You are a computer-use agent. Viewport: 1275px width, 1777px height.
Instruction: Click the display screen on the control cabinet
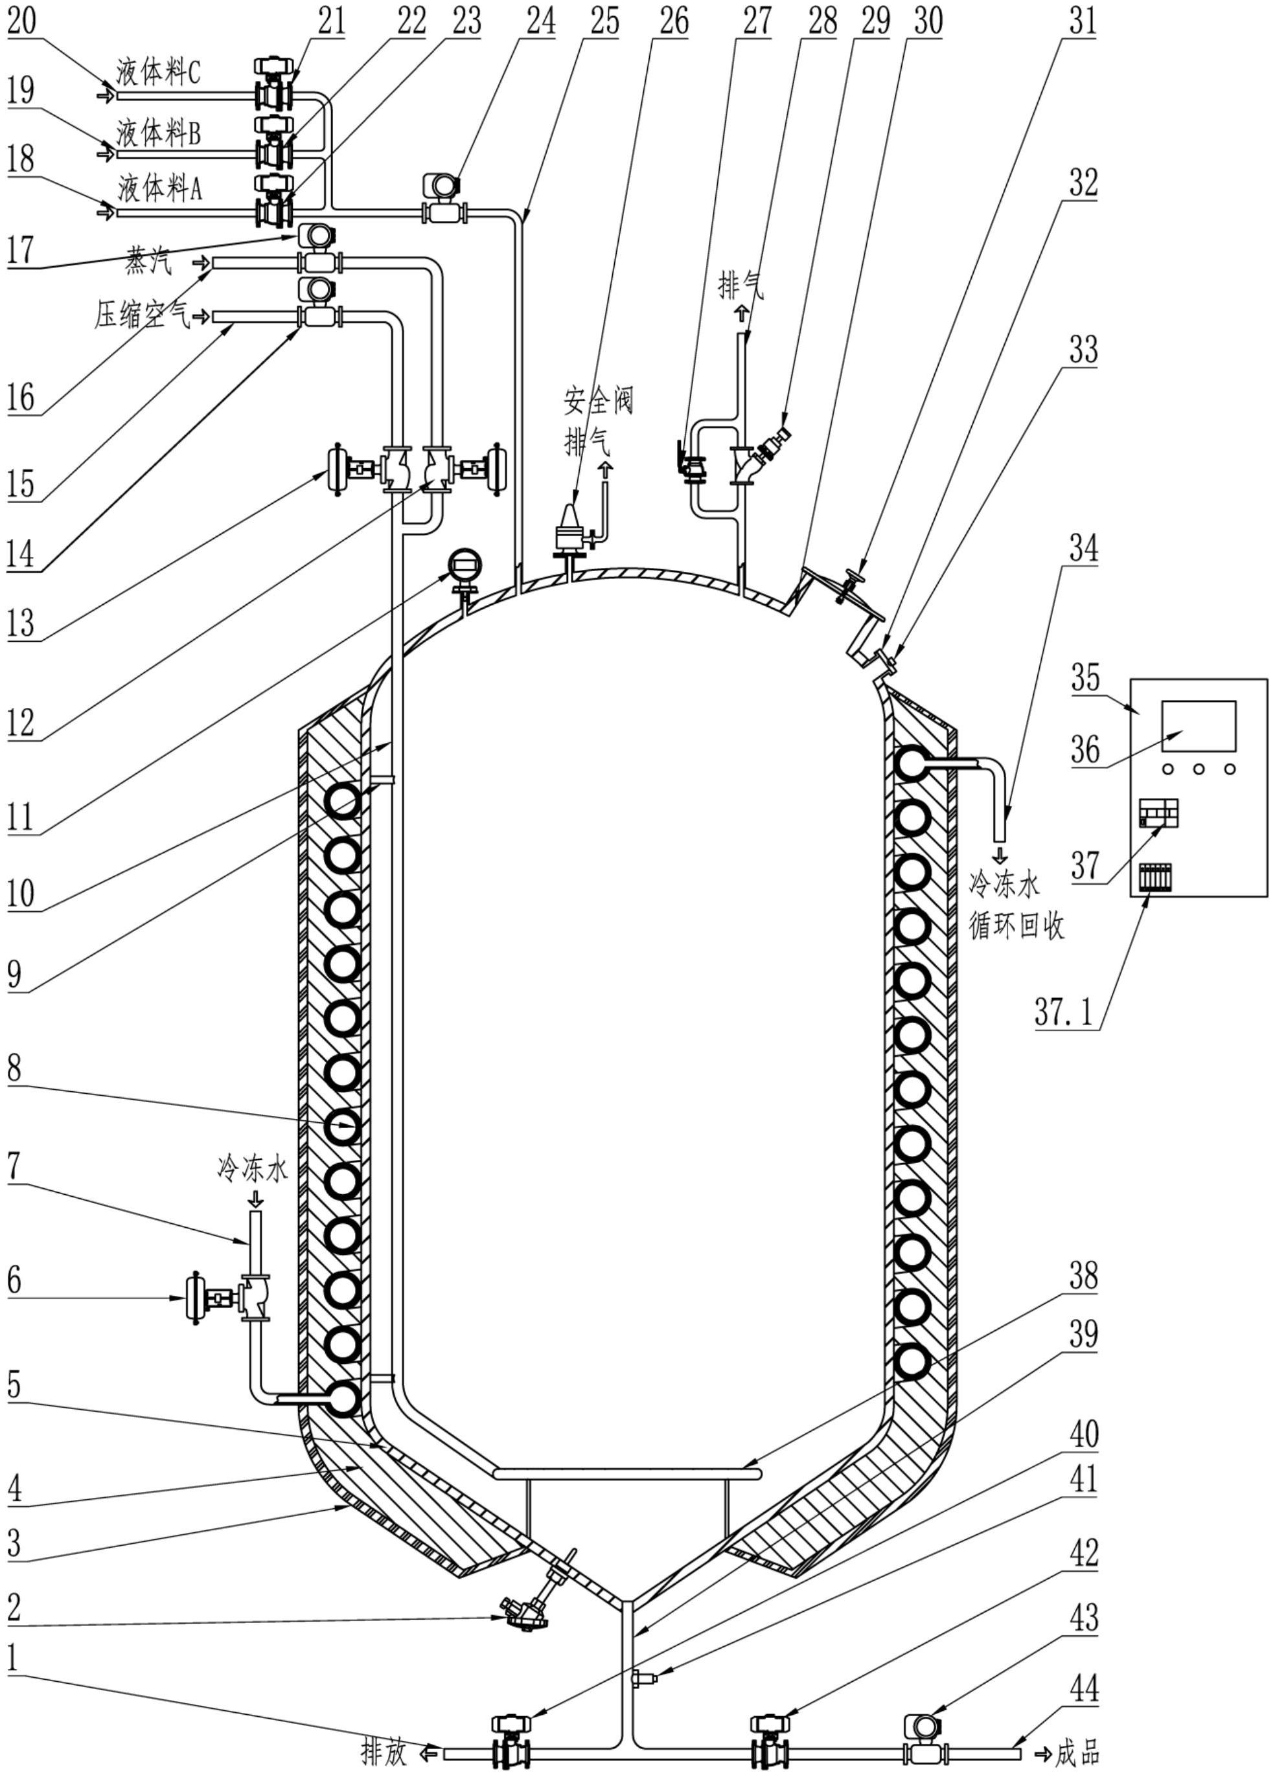tap(1198, 727)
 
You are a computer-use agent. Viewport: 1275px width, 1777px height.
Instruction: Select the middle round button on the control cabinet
tap(1198, 769)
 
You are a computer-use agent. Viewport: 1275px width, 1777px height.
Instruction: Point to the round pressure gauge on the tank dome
tap(465, 566)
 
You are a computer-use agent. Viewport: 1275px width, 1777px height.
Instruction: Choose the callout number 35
tap(1085, 677)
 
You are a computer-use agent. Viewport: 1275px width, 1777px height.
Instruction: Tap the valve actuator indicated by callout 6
tap(201, 1298)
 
